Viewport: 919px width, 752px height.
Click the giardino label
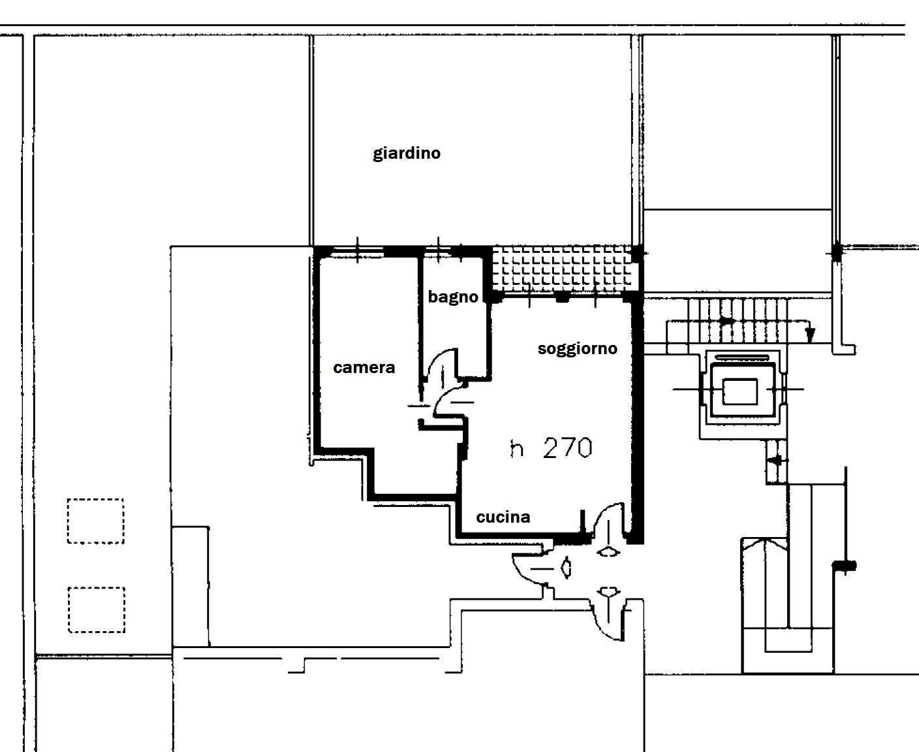point(407,154)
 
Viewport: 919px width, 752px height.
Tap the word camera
point(364,368)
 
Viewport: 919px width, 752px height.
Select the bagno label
point(453,297)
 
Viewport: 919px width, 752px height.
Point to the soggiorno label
point(578,348)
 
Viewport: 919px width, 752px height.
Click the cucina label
point(503,517)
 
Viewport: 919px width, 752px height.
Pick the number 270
point(567,448)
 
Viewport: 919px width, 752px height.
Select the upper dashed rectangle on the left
point(95,521)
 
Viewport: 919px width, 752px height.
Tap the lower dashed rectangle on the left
point(97,610)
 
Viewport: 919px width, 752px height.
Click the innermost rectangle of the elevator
point(740,391)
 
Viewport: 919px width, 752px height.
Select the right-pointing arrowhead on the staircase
point(727,321)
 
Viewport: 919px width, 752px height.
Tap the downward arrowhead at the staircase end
point(809,335)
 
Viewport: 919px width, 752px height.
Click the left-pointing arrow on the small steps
point(777,460)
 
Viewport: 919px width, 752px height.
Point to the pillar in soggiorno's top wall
point(563,297)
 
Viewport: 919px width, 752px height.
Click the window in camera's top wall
point(357,250)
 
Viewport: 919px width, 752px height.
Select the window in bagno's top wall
point(438,250)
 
